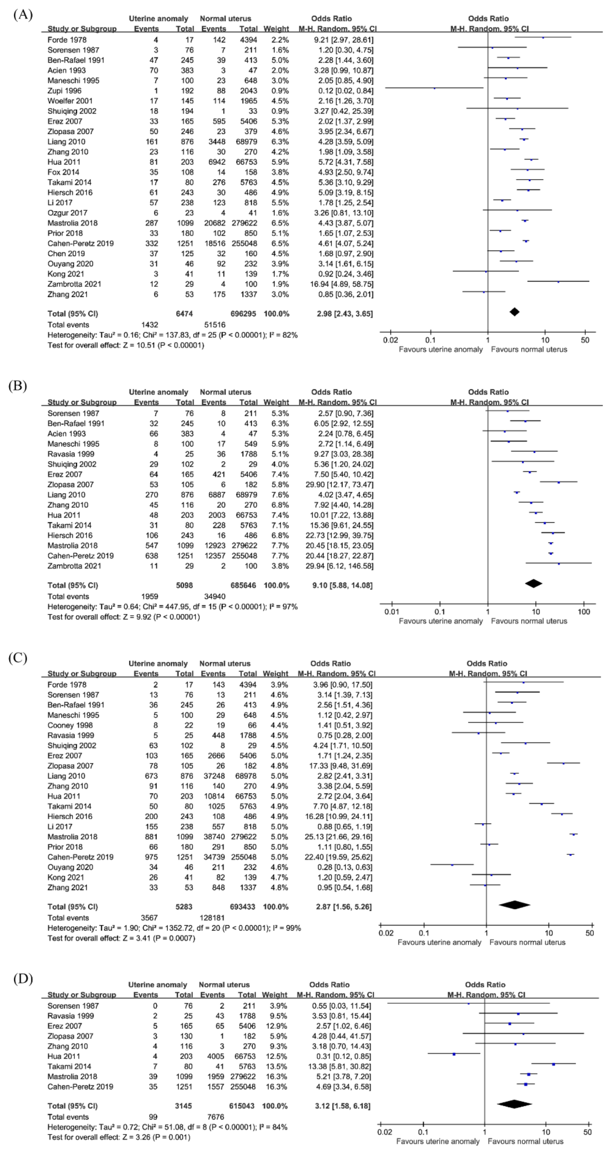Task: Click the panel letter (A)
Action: (x=23, y=15)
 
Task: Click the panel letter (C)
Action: (x=18, y=658)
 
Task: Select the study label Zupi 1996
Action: (x=64, y=91)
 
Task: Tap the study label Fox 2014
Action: (x=63, y=172)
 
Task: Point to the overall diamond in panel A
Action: (x=514, y=312)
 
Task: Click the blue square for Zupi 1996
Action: (x=434, y=88)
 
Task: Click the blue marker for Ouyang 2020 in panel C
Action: (x=452, y=865)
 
